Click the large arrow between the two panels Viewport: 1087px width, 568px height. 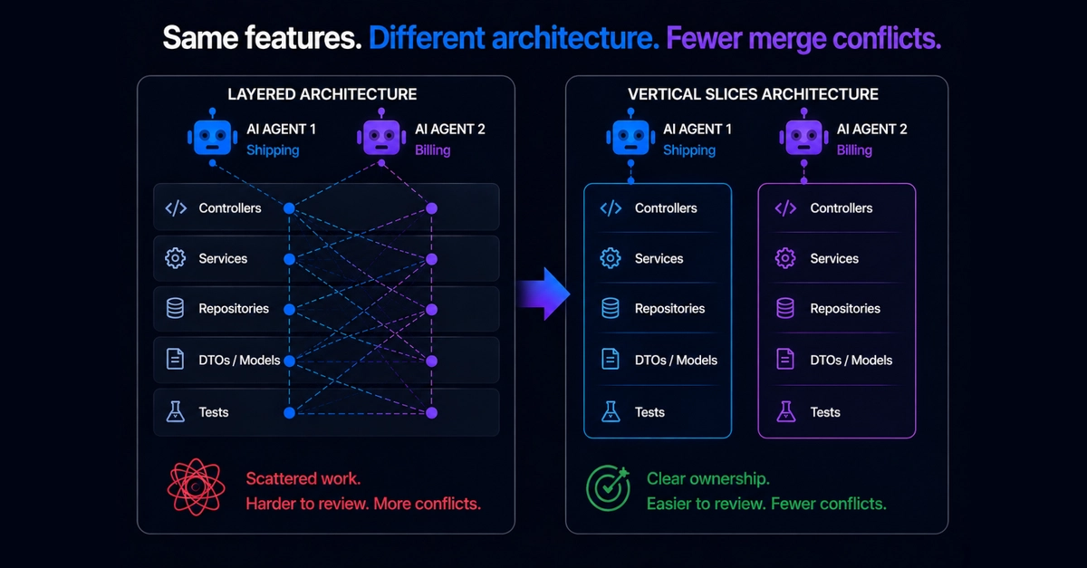point(543,294)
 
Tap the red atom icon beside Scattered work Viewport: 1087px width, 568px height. point(196,487)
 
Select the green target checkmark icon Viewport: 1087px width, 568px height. point(608,488)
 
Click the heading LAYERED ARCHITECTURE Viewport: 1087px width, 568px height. point(322,94)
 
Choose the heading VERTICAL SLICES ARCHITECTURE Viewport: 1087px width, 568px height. point(753,94)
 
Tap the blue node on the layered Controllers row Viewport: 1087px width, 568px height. point(289,208)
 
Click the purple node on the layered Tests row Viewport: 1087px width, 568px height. point(431,413)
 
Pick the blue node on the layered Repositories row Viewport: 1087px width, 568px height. point(289,310)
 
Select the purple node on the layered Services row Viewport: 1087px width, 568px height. point(431,259)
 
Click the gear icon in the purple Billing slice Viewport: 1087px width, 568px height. point(785,258)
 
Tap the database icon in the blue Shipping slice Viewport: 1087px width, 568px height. point(611,308)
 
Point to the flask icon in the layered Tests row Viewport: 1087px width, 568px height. point(175,411)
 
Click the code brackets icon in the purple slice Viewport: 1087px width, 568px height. point(785,208)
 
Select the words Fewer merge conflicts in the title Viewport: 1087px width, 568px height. point(803,38)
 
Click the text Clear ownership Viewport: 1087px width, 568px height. point(708,478)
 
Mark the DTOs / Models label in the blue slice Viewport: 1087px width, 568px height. point(676,361)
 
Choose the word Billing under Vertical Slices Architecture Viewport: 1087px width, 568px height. point(854,150)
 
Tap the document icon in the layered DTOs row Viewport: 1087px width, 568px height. point(175,360)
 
